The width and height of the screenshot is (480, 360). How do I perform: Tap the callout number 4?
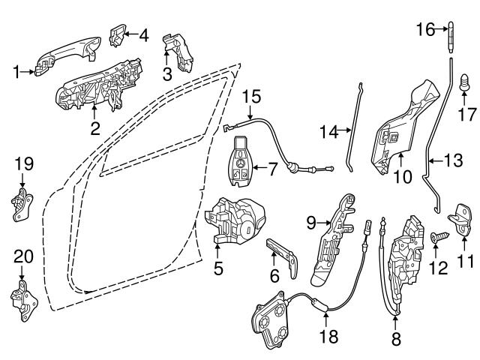[x=143, y=34]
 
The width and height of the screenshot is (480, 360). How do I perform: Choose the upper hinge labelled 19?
[x=23, y=202]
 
